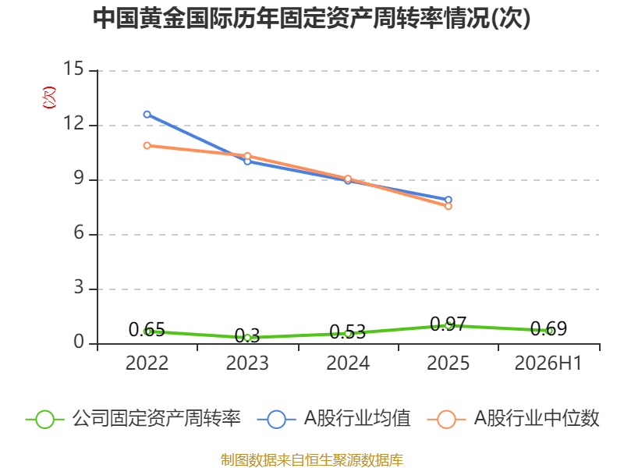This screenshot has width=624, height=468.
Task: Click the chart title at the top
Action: [311, 18]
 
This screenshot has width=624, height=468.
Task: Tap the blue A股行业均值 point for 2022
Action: [147, 115]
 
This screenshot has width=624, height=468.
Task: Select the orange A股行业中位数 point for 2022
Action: [147, 146]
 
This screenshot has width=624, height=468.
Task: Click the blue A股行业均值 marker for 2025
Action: [448, 200]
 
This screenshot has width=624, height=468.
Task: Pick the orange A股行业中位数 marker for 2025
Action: [448, 206]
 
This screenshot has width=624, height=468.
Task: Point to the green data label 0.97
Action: [448, 324]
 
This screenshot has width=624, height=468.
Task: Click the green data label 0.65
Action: [147, 330]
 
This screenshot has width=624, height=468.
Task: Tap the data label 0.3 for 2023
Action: [247, 336]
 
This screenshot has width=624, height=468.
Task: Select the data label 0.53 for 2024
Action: [347, 332]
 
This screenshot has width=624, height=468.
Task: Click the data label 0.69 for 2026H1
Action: [548, 329]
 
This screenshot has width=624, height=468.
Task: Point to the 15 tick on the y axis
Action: [73, 69]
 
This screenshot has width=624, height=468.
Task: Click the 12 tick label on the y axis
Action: [73, 123]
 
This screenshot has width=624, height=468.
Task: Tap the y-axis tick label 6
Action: [79, 232]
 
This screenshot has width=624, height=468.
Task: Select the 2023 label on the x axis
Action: [247, 363]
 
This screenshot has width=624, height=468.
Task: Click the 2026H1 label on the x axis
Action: [548, 363]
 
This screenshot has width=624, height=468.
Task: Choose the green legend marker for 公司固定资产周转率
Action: [44, 420]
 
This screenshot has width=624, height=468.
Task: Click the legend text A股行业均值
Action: [357, 419]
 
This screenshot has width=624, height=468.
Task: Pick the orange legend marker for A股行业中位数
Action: [446, 420]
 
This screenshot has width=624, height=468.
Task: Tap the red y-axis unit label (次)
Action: [49, 97]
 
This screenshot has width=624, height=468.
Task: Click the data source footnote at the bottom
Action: [311, 460]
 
